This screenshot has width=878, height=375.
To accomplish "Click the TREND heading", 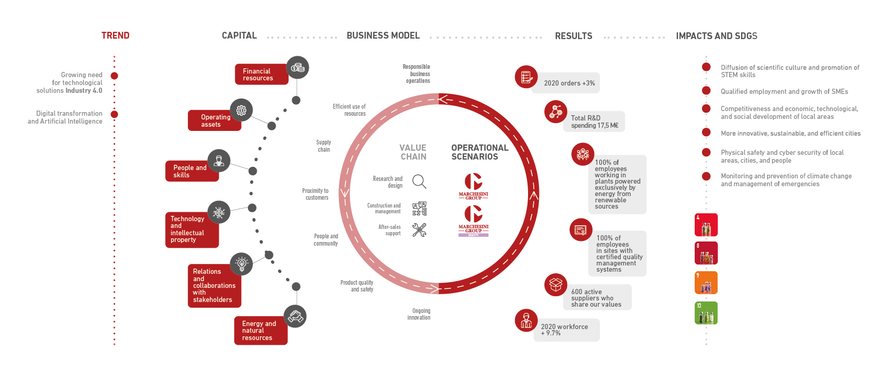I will [115, 35].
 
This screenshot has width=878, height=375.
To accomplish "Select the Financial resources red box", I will [261, 75].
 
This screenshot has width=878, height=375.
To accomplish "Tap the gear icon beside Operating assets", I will [241, 110].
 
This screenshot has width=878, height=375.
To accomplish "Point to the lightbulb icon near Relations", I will [241, 264].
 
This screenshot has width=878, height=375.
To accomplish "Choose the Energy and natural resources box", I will [260, 331].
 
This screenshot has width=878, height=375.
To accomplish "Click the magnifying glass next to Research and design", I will [419, 182].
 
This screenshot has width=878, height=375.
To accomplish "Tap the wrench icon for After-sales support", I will [419, 230].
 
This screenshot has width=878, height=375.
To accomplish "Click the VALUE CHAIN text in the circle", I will [413, 152].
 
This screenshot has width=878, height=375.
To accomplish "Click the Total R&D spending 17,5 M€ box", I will [594, 122].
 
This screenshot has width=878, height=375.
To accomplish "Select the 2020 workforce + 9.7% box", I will [567, 330].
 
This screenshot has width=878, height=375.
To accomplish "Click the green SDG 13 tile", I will [706, 313].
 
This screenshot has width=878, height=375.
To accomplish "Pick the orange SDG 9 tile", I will [706, 283].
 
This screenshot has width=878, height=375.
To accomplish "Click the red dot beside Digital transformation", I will [115, 114].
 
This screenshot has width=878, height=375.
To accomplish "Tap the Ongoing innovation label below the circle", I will [420, 314].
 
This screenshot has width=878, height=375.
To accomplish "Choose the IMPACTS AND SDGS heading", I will [717, 36].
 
